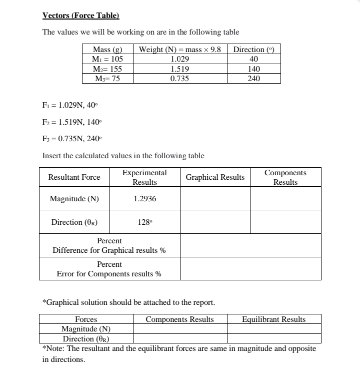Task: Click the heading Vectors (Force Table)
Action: [x=81, y=16]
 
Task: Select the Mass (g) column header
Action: [x=107, y=50]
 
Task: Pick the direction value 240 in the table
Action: [x=253, y=79]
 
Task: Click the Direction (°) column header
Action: [x=253, y=50]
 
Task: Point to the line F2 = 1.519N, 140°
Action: [x=73, y=122]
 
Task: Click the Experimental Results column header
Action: [x=144, y=177]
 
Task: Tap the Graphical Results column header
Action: [x=215, y=177]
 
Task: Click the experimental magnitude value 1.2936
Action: [x=144, y=199]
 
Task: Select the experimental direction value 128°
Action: [x=144, y=222]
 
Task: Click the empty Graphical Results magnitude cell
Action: [x=215, y=199]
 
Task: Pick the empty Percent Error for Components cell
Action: [x=250, y=269]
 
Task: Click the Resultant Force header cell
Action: [x=74, y=177]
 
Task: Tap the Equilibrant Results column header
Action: [x=273, y=319]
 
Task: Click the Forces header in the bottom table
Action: [x=86, y=319]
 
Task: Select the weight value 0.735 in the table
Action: [x=179, y=79]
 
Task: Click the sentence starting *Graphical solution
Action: [x=129, y=302]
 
